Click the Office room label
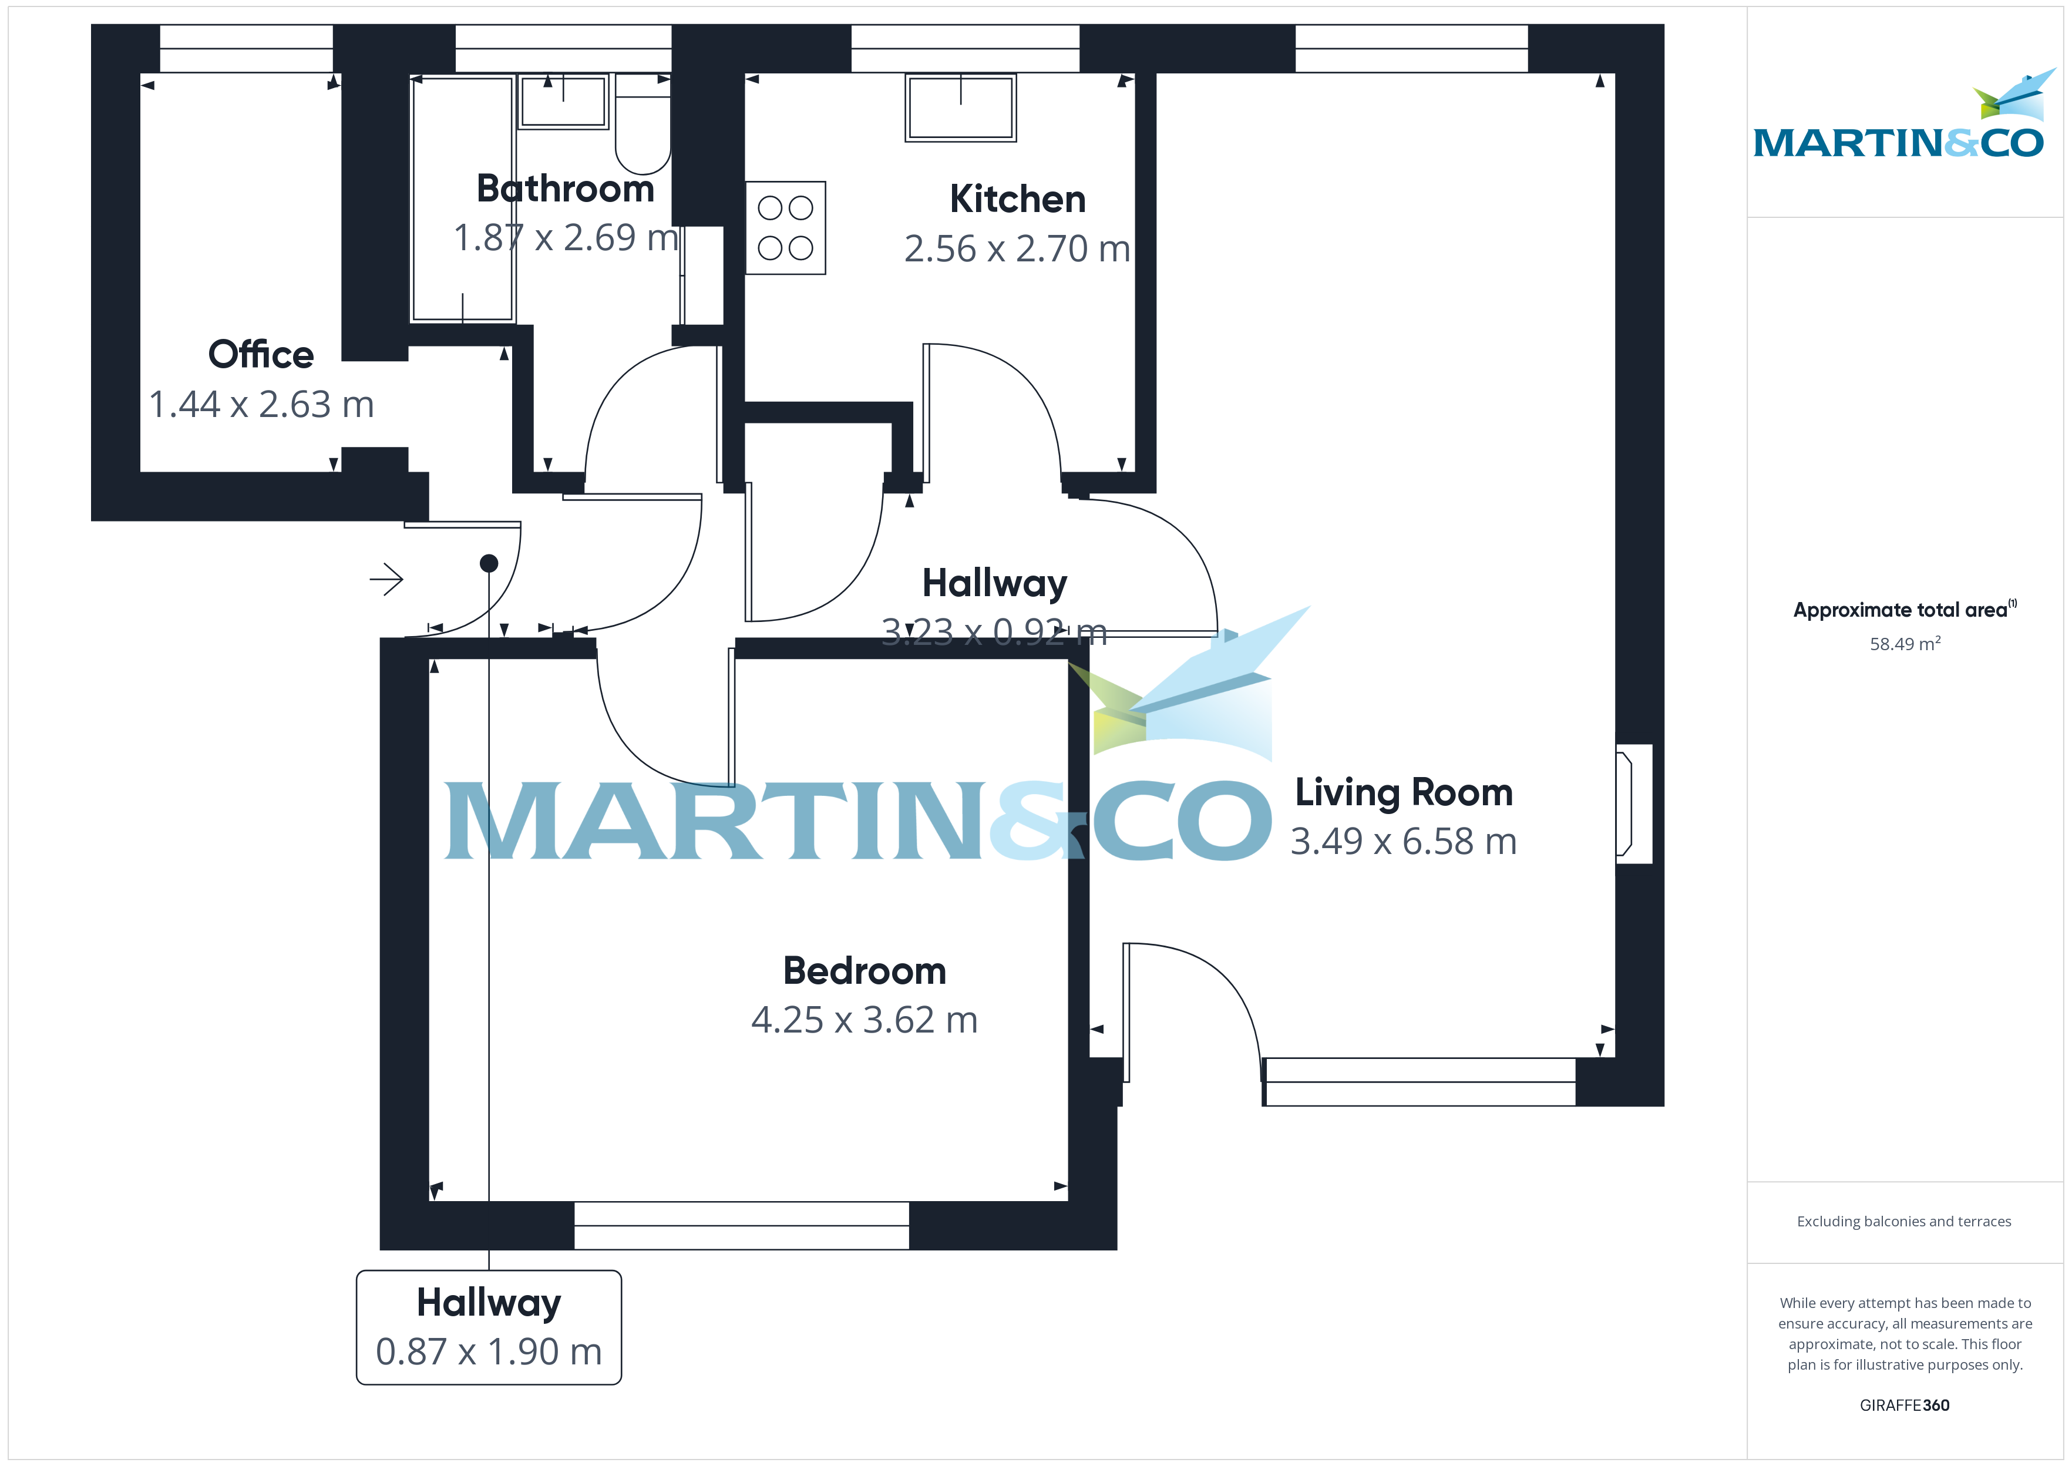coord(261,355)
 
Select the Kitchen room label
coord(1017,200)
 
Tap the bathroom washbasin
coord(563,101)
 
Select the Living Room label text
coord(1403,792)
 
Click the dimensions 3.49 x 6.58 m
coord(1403,841)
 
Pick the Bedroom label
coord(865,971)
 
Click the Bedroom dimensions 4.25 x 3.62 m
coord(865,1020)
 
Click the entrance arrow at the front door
coord(386,580)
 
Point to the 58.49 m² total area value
coord(1904,644)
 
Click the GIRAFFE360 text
coord(1904,1406)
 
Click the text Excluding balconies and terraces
coord(1904,1221)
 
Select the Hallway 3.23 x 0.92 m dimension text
coord(994,632)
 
